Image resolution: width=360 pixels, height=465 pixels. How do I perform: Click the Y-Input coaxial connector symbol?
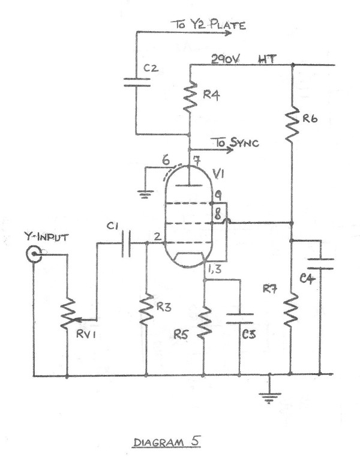point(34,256)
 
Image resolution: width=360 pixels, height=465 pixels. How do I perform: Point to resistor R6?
point(292,123)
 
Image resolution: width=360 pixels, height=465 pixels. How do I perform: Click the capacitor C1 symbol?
point(125,244)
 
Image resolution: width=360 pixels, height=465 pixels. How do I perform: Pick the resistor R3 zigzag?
point(146,310)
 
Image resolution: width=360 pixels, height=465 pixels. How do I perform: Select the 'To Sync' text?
point(232,143)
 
